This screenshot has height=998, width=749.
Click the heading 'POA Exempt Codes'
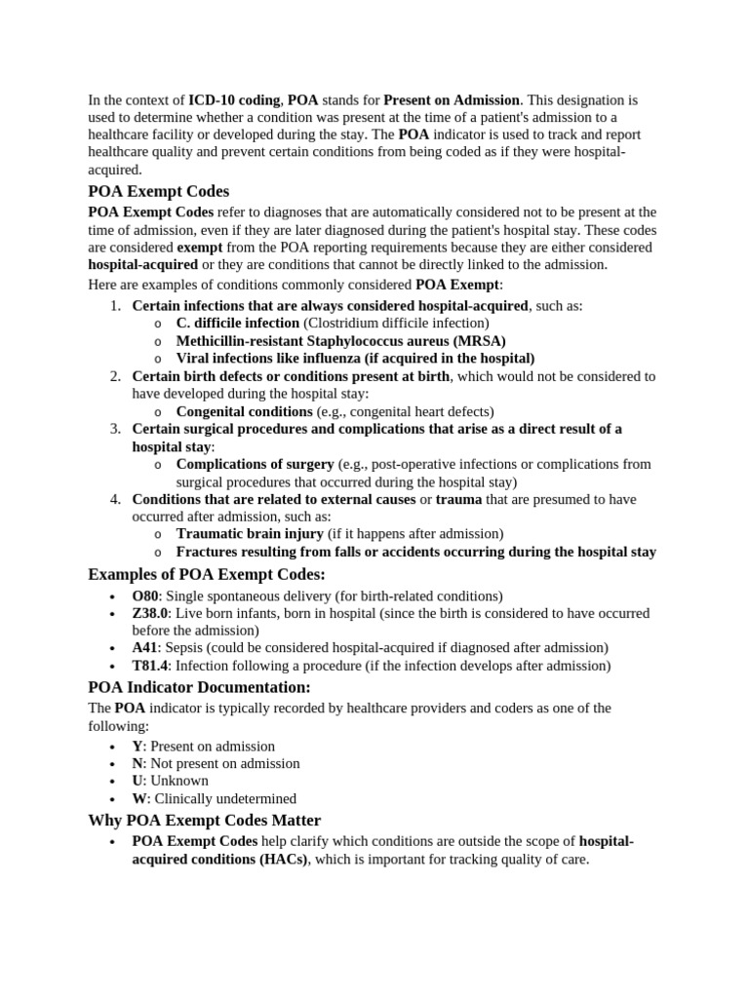click(158, 191)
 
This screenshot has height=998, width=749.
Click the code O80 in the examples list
click(144, 595)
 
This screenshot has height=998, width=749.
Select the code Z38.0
click(150, 613)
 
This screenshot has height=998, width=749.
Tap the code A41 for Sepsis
click(144, 647)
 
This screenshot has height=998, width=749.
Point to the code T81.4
click(149, 666)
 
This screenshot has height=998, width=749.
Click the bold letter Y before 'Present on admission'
click(138, 746)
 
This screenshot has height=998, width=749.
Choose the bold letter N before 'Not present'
click(138, 763)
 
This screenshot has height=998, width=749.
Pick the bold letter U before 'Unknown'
click(138, 781)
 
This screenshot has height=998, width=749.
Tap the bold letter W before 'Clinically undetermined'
click(138, 798)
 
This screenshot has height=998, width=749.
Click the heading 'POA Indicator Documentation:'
click(199, 687)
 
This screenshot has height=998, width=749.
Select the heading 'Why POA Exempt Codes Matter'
click(204, 820)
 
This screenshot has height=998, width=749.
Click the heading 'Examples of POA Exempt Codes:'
click(207, 573)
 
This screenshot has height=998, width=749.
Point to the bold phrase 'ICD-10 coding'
click(234, 99)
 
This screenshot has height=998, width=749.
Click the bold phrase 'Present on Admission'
click(453, 99)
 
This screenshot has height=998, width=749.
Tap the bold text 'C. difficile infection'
click(238, 323)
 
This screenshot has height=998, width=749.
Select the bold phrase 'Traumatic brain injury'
click(250, 533)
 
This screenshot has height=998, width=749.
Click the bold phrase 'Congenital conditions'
click(244, 411)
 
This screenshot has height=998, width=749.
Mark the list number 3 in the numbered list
click(114, 429)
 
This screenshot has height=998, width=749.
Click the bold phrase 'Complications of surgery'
click(255, 464)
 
